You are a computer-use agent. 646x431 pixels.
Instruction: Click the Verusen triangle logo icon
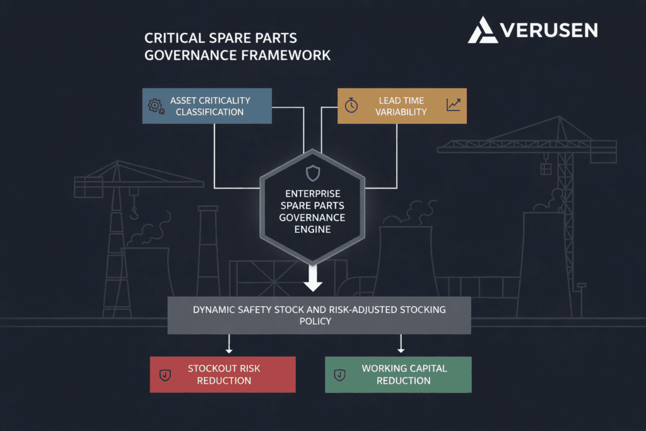tap(482, 30)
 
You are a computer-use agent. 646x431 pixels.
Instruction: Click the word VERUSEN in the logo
tap(548, 30)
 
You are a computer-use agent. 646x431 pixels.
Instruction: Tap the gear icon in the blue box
tap(155, 105)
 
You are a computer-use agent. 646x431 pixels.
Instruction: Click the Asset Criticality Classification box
tap(207, 105)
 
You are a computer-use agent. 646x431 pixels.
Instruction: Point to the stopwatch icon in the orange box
tap(351, 105)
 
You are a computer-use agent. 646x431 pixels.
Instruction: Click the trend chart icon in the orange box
tap(453, 105)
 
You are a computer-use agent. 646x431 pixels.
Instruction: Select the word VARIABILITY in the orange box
tap(402, 112)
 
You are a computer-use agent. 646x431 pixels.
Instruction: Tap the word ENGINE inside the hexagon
tap(313, 230)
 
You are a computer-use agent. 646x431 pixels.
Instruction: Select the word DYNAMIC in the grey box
tap(215, 309)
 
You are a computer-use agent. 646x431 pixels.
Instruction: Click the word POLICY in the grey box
tap(319, 321)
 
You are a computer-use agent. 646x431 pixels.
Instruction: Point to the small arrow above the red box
tap(230, 346)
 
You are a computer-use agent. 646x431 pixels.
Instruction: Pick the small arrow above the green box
tap(401, 346)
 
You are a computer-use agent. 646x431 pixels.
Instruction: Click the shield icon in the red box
tap(165, 375)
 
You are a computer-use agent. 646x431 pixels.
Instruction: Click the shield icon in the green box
tap(339, 375)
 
